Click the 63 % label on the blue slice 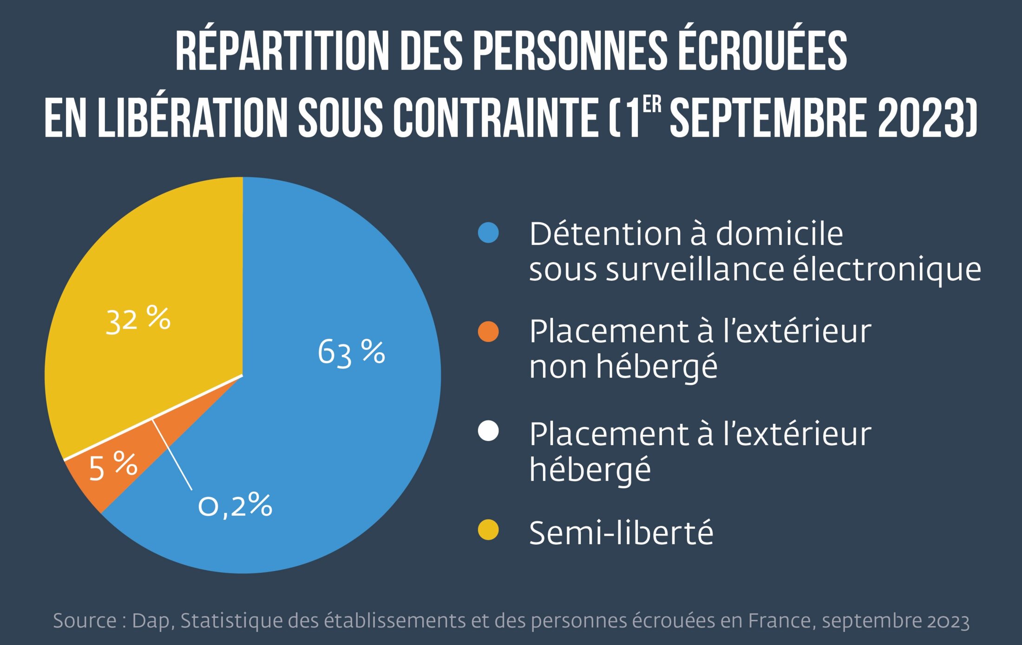pyautogui.click(x=351, y=353)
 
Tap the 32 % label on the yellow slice pyautogui.click(x=138, y=320)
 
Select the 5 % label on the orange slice pyautogui.click(x=113, y=466)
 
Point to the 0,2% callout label pyautogui.click(x=235, y=506)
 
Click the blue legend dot pyautogui.click(x=488, y=233)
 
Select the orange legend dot pyautogui.click(x=488, y=332)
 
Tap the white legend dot pyautogui.click(x=488, y=431)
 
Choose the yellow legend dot pyautogui.click(x=488, y=531)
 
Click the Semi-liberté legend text pyautogui.click(x=621, y=533)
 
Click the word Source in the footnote pyautogui.click(x=85, y=621)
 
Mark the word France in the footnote pyautogui.click(x=779, y=620)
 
